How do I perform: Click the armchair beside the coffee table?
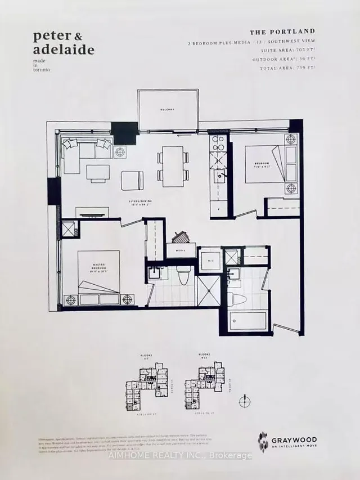pos(133,180)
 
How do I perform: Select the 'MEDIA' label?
pos(181,252)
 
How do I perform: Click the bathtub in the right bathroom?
pos(247,321)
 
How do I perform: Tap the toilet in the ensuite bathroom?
pos(183,276)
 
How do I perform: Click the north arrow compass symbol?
pos(244,401)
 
